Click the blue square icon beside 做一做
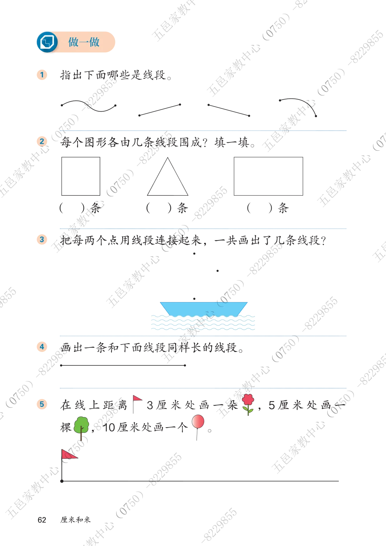47,42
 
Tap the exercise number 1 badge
42,74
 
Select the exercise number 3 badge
42,239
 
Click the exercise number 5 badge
42,404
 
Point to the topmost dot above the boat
194,253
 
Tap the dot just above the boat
194,299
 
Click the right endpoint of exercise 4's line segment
185,365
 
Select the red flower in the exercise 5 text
248,404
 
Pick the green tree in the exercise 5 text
81,428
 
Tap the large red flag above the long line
69,454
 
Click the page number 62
42,520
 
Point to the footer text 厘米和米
75,520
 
